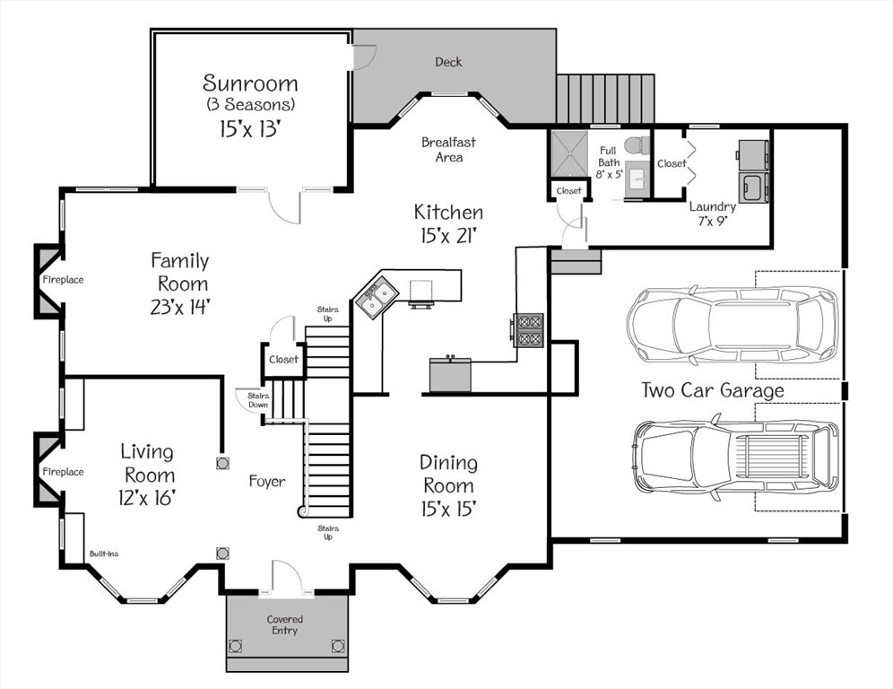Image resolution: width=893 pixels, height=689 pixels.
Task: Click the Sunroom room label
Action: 250,83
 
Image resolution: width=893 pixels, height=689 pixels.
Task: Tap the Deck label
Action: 448,62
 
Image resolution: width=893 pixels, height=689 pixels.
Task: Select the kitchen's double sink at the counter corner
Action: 376,298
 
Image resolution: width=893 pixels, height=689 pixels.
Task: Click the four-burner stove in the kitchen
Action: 528,330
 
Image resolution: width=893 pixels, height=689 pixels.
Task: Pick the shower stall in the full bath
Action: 569,153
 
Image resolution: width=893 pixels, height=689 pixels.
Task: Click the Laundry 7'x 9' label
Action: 713,214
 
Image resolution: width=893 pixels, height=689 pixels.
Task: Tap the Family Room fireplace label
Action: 64,280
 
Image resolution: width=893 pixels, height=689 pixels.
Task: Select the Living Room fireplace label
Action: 64,472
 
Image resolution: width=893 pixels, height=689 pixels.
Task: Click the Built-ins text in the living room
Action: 104,554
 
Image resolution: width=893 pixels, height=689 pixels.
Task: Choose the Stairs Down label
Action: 258,400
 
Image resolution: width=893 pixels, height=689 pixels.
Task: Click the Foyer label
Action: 267,482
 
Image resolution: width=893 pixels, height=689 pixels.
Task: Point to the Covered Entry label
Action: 285,624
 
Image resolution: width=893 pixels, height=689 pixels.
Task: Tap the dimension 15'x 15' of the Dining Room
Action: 449,509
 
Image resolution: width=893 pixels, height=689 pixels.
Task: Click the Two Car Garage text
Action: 713,390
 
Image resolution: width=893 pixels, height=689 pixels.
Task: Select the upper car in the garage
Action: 733,324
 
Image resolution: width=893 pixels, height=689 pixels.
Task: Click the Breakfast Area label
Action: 449,149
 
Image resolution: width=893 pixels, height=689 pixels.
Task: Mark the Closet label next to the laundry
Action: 672,163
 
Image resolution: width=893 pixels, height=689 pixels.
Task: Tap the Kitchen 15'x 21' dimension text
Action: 449,235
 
